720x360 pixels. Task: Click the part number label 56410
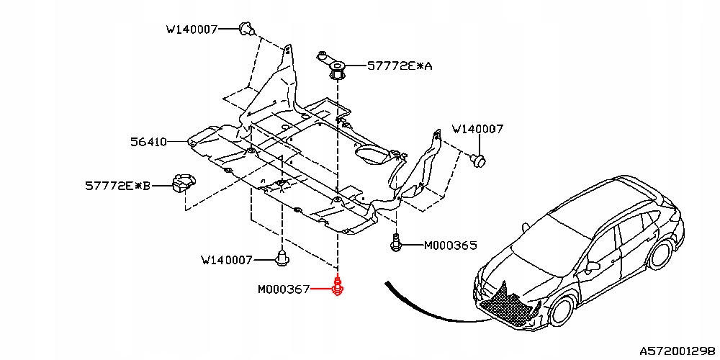pos(148,143)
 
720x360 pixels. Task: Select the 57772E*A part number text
pos(400,66)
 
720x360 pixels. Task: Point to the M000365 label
pos(450,246)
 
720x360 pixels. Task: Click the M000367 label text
pos(283,289)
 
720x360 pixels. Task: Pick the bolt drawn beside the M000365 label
pos(396,243)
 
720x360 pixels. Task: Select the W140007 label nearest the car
pos(477,130)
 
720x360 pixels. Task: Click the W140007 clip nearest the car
pos(476,158)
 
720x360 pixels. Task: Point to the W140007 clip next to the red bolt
pos(282,257)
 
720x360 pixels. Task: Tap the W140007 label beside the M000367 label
pos(227,259)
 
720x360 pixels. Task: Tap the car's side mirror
pos(593,266)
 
